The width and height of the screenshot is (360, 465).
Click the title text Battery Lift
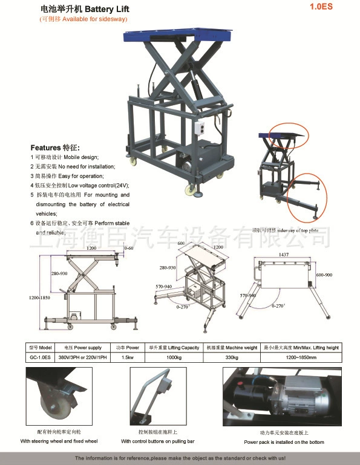coord(107,10)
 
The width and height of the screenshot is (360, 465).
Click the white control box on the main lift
coord(201,128)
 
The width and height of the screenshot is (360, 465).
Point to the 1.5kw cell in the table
coord(128,357)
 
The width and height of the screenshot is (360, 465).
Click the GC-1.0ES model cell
coord(41,357)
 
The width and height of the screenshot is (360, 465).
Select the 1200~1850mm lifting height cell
coord(301,357)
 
